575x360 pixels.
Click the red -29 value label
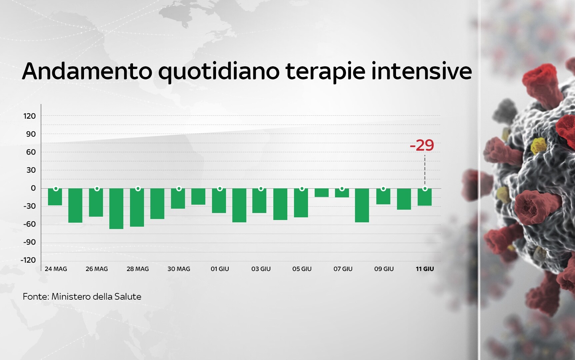point(422,145)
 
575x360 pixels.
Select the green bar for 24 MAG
point(55,197)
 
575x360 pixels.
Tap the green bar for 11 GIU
point(425,197)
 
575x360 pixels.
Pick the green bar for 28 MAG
point(137,208)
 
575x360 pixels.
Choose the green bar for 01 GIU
point(219,201)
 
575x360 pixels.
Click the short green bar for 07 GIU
point(342,193)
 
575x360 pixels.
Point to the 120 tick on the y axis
point(29,116)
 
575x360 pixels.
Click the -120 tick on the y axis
point(28,260)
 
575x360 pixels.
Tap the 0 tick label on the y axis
point(33,188)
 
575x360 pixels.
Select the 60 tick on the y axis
point(31,152)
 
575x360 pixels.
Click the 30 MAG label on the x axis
point(179,269)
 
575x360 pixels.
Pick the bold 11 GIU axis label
point(425,269)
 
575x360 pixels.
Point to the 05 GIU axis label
point(302,269)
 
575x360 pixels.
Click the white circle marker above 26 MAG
point(97,189)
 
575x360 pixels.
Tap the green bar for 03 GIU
point(260,201)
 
